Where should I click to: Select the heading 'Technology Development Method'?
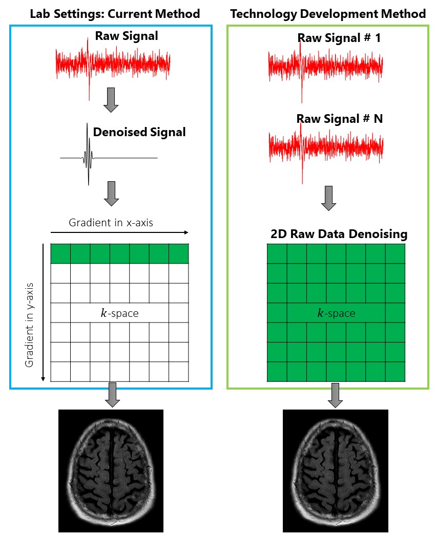pos(328,14)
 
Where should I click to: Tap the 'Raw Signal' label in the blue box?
pos(127,36)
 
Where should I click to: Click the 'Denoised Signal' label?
pos(139,132)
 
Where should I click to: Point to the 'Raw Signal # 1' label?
pos(339,38)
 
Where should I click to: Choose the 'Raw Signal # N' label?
pos(340,119)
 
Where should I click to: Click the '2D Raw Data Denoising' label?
pos(339,234)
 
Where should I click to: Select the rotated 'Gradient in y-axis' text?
pos(30,325)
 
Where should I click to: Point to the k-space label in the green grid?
pos(336,313)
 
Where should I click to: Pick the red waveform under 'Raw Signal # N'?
pos(326,148)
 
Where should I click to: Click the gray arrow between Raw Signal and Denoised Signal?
pos(111,100)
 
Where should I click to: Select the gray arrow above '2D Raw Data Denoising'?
pos(328,199)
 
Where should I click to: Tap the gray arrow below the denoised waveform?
pos(111,194)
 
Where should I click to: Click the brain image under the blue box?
pos(111,470)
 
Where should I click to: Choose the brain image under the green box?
pos(335,470)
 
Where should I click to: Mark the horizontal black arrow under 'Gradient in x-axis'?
pos(120,232)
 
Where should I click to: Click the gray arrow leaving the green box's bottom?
pos(335,395)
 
